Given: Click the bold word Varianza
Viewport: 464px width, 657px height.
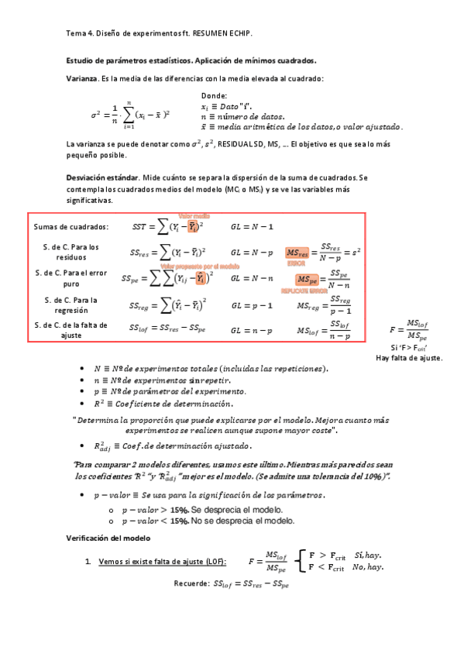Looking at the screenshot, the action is [x=81, y=78].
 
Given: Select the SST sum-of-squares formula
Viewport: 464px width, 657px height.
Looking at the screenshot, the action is [x=167, y=226].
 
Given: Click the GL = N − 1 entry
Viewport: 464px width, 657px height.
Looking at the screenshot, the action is [x=252, y=226].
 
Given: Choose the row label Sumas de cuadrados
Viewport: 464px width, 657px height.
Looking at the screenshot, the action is [x=70, y=226].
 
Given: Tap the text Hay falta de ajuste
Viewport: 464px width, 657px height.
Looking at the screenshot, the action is [x=408, y=358].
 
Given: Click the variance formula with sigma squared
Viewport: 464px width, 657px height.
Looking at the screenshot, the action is [x=130, y=115].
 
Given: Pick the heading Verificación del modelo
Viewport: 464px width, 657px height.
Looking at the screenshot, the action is [x=108, y=538].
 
